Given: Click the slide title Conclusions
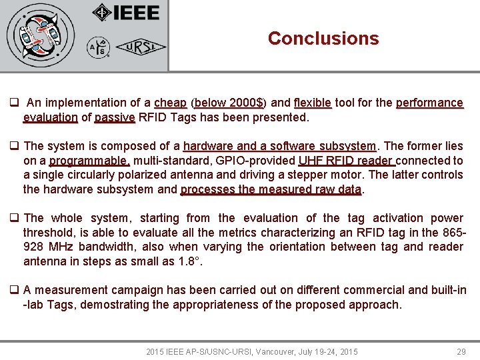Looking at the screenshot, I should [323, 39].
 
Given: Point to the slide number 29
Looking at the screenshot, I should [461, 351].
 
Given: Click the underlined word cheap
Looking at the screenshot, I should [170, 103].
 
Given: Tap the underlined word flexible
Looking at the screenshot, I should [312, 103].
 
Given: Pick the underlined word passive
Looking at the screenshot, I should [115, 117].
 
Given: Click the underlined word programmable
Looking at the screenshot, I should [89, 161].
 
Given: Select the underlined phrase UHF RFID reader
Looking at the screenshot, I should [347, 161].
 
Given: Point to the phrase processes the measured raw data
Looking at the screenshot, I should [271, 189].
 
